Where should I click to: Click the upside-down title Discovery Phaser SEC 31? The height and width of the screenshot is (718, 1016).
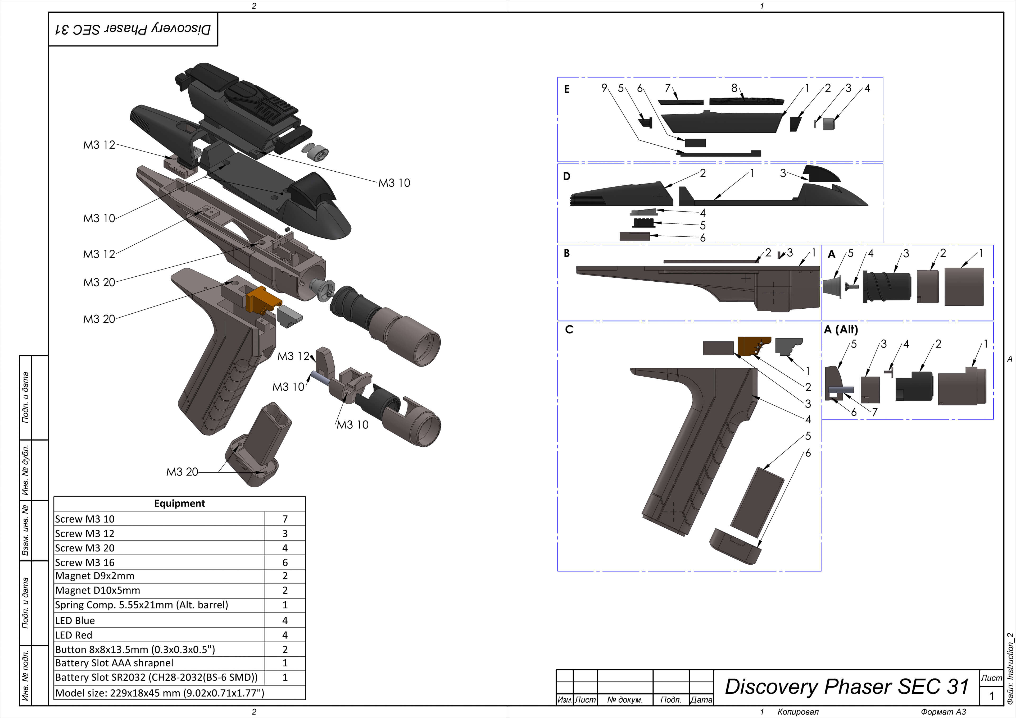click(x=133, y=29)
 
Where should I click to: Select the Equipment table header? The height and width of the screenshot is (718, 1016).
click(x=179, y=504)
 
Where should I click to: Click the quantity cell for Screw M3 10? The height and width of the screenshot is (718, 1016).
click(x=285, y=519)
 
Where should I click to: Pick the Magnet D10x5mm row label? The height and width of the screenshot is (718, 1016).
click(x=97, y=591)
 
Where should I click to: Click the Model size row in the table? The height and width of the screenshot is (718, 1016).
click(x=159, y=693)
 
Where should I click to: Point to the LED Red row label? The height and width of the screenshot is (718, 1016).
click(x=74, y=635)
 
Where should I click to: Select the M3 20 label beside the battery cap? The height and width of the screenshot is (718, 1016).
click(x=182, y=472)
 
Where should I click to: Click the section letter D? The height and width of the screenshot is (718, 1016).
click(x=566, y=176)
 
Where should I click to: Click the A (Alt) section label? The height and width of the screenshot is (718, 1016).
click(x=841, y=330)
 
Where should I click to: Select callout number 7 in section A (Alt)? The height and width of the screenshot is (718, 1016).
click(x=874, y=412)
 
